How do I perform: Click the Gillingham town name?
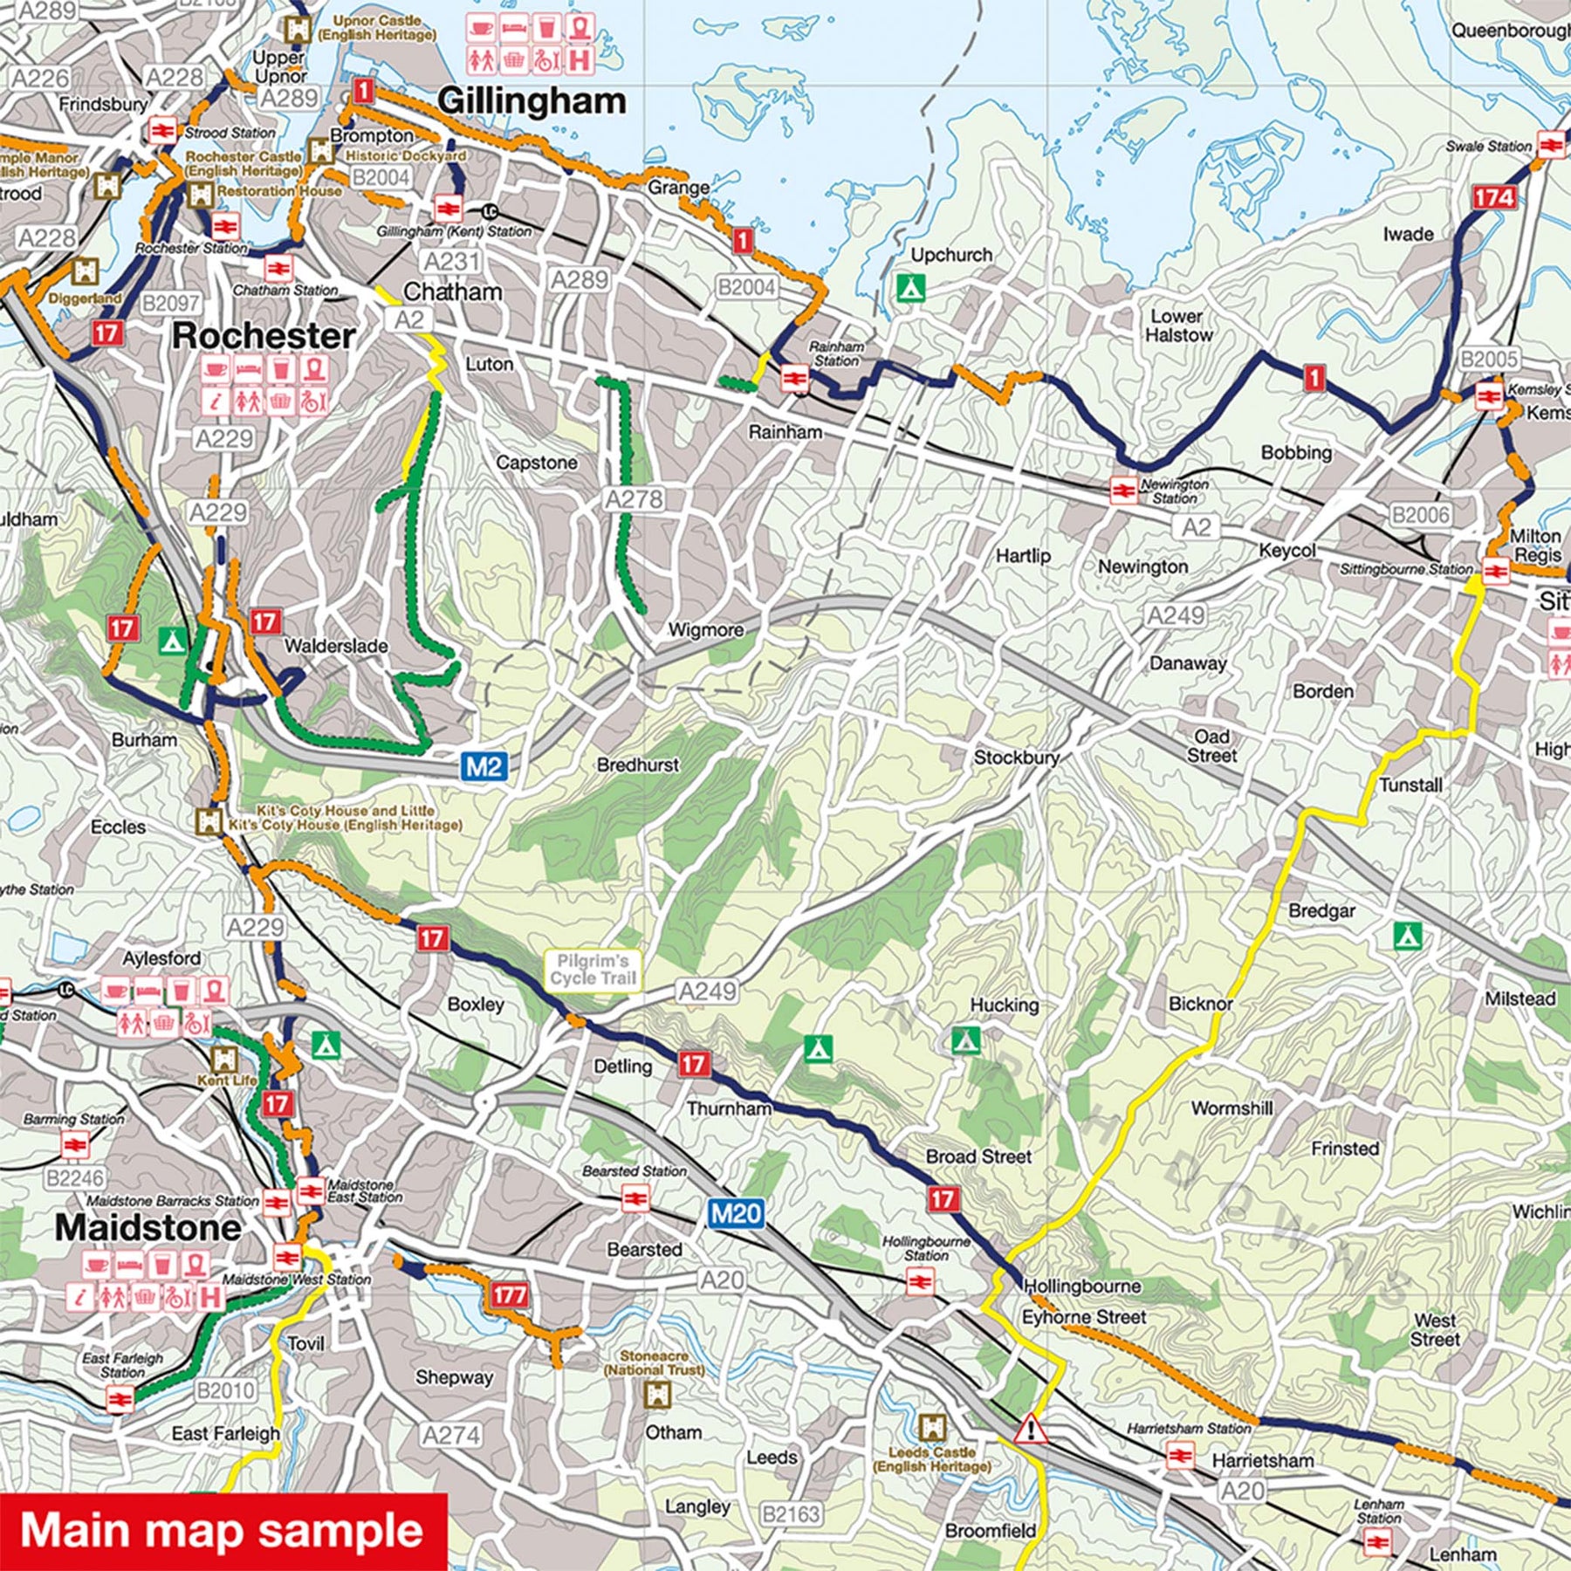pos(532,101)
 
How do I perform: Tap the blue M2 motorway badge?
pos(484,766)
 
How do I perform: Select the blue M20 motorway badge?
pos(736,1213)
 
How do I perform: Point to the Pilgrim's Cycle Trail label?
pos(593,970)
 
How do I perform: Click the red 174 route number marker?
pos(1493,198)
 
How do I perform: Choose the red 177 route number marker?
pos(509,1294)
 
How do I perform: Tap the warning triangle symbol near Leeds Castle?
pos(1031,1430)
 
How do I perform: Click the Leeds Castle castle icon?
pos(932,1428)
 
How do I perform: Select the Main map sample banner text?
pos(222,1531)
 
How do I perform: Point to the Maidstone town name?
pos(148,1228)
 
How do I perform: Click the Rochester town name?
pos(264,336)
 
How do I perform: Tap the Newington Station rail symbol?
pos(1123,491)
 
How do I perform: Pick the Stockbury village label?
pos(1016,758)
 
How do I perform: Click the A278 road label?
pos(635,499)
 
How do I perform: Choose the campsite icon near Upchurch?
pos(910,287)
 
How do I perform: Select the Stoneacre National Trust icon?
pos(655,1395)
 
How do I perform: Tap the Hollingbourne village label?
pos(1082,1286)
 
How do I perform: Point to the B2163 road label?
pos(791,1514)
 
